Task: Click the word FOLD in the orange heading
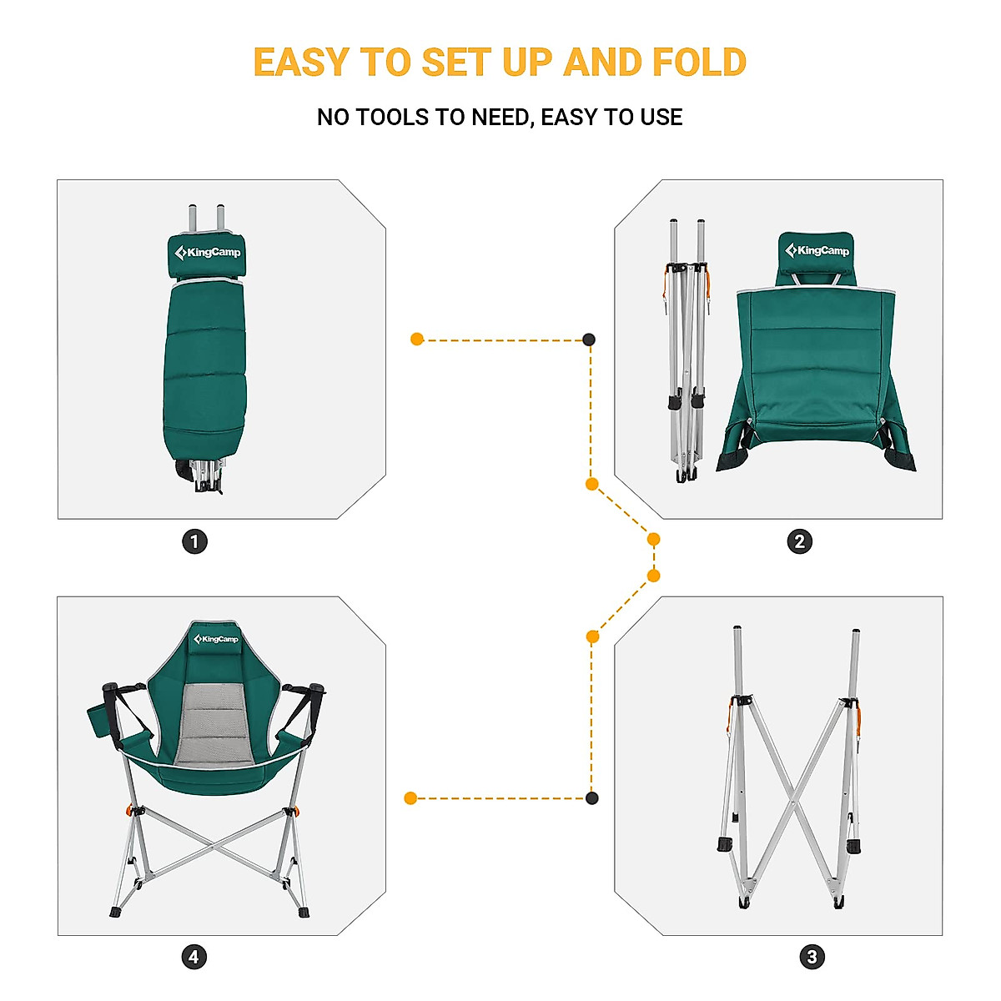699,63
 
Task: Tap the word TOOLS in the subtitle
393,118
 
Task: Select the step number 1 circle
195,542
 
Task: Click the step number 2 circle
799,542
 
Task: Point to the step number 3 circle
812,957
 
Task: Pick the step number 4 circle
194,957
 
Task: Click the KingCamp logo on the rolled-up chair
208,253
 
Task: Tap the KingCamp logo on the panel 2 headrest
817,251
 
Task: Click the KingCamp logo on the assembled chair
216,639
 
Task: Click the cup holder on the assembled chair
99,719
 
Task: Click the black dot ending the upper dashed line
589,340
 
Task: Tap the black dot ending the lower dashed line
591,798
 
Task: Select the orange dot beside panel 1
417,340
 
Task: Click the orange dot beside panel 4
410,798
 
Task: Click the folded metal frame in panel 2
687,350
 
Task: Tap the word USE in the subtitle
661,118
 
